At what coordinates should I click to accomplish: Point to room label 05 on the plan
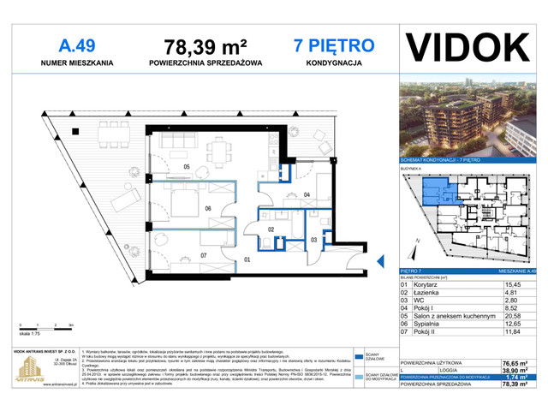point(186,166)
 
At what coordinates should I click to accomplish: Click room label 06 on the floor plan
point(207,208)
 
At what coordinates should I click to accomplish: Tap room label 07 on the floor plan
point(204,255)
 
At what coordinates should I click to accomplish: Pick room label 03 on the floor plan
point(314,239)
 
